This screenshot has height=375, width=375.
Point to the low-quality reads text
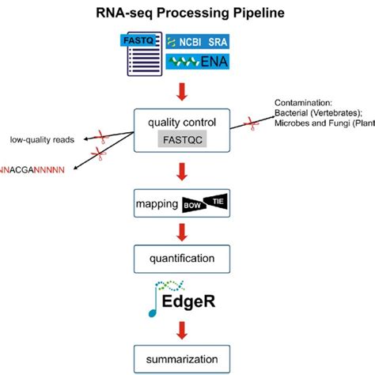(43, 140)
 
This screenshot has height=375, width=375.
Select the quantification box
(187, 257)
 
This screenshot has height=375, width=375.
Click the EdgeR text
(197, 305)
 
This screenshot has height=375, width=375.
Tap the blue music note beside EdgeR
(156, 305)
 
